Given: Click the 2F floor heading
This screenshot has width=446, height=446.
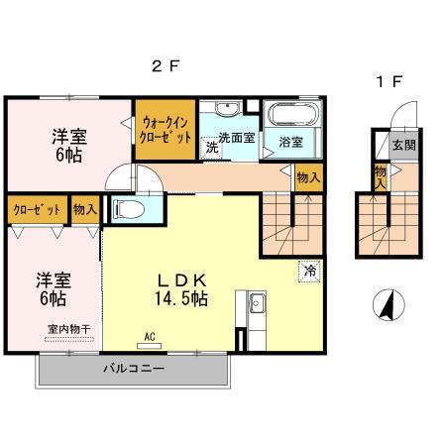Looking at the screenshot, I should (x=165, y=68).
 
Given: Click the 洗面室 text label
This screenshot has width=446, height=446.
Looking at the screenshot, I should (x=238, y=138).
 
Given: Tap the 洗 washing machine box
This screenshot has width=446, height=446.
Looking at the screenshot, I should (x=211, y=148).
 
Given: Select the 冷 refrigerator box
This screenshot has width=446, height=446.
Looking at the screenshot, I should (x=309, y=269).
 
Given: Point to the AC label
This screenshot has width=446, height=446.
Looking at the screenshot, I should (x=151, y=336).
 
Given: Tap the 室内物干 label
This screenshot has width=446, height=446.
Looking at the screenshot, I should (x=65, y=329).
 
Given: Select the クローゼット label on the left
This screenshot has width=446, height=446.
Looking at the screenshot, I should (x=37, y=209).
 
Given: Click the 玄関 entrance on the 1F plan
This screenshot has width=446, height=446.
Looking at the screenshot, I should (x=402, y=145).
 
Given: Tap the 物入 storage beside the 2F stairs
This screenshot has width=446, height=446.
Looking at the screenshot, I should (x=307, y=176).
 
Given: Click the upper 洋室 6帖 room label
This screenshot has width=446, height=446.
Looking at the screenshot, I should (x=67, y=147).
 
